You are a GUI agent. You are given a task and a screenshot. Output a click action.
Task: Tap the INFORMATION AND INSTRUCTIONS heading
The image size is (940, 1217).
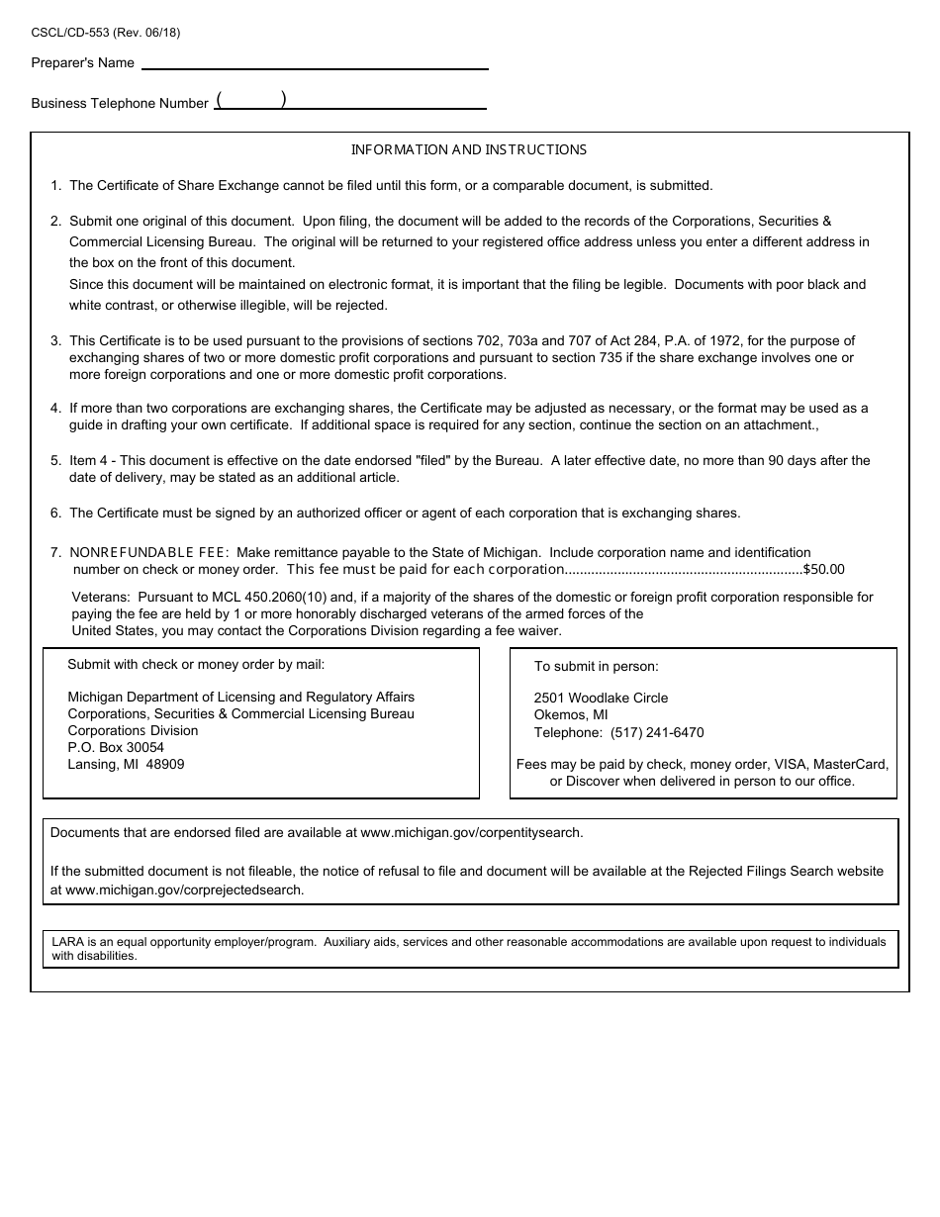[469, 150]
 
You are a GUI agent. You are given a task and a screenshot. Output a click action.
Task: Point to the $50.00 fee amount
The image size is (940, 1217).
[823, 570]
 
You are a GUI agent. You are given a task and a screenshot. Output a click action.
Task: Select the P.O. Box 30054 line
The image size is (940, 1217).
[116, 748]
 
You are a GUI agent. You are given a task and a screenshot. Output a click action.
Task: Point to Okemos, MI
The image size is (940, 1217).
[571, 715]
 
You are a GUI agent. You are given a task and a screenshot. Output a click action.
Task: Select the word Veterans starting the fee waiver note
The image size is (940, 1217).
[101, 598]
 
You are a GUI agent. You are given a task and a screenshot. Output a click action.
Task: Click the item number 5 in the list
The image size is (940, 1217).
[55, 460]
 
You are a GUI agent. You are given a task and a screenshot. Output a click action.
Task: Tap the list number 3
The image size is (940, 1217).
[55, 341]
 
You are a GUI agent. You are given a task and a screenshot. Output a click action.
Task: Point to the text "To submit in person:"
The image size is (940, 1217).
[597, 667]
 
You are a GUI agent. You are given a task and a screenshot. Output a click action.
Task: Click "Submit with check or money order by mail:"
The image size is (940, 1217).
[196, 665]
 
